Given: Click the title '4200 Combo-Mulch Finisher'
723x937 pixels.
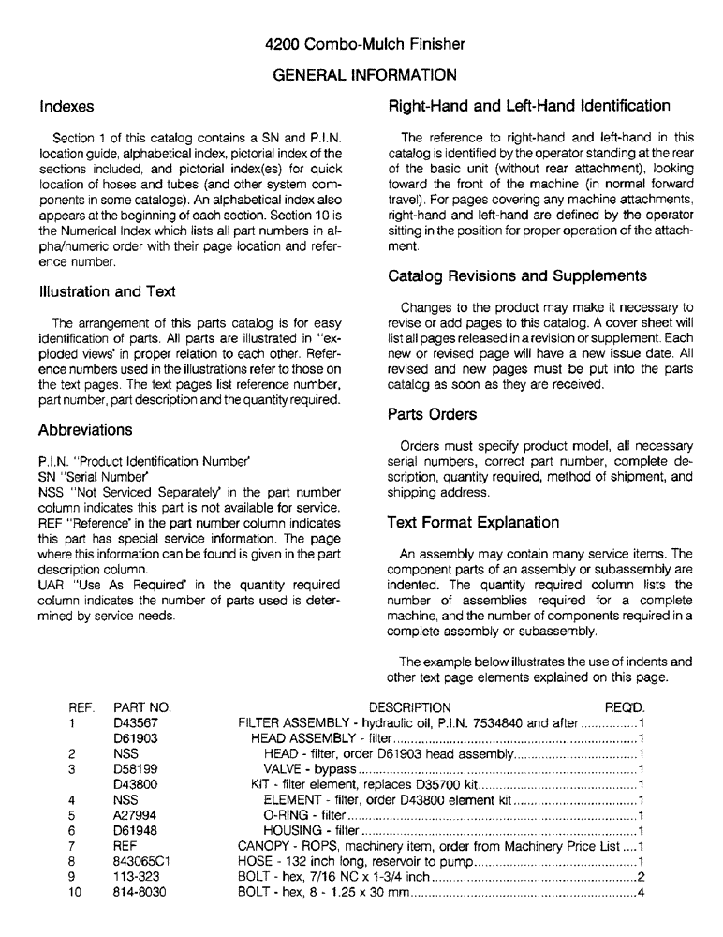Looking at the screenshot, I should pos(364,44).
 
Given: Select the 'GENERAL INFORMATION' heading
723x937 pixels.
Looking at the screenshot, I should pos(364,74).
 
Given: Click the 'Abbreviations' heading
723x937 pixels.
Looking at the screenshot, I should pos(85,430).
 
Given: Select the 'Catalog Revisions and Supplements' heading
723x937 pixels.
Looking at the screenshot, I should pos(517,276).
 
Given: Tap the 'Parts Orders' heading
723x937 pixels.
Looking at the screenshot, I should pos(432,414).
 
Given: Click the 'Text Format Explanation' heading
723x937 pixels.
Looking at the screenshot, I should pos(473,522).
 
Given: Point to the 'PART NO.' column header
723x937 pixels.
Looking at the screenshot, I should pos(141,706).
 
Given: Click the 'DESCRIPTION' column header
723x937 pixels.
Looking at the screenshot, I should pos(409,706).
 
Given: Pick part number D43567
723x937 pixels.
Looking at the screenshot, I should pos(136,723).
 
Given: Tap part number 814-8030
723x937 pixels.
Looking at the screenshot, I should pos(139,892).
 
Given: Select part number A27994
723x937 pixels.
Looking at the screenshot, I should pos(135,815).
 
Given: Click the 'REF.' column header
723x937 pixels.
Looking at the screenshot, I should pos(81,706).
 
